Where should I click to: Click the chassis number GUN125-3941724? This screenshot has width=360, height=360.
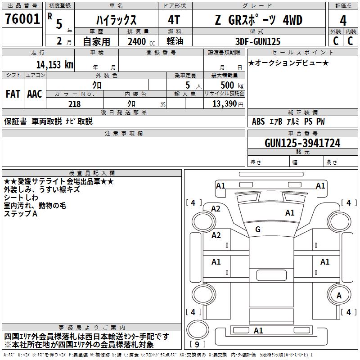coord(302,144)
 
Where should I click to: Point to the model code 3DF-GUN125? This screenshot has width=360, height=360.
coord(258,41)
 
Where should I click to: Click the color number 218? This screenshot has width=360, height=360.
coord(74,104)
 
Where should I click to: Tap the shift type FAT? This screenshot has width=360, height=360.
coord(13,94)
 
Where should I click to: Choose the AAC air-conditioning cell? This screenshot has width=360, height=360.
coord(35,94)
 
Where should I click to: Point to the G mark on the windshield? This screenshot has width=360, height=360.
coord(258,229)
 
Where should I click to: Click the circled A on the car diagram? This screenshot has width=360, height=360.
coord(339,295)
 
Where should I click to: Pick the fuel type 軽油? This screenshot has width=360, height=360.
coord(175,41)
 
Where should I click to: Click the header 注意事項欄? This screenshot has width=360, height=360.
coord(124,134)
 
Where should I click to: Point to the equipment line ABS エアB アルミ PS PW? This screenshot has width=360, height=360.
coord(288,121)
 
